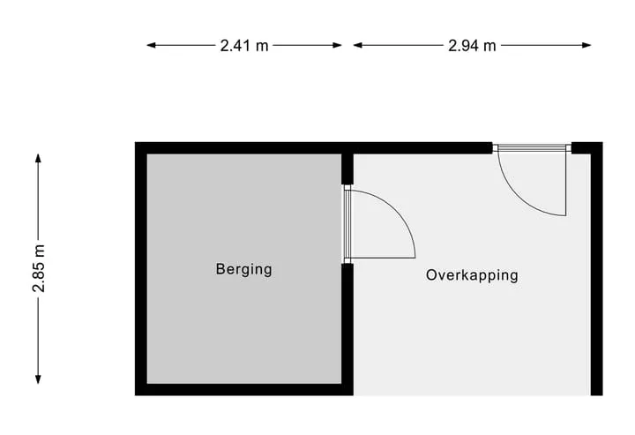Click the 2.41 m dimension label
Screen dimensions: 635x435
244,45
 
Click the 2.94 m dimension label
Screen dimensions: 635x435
472,45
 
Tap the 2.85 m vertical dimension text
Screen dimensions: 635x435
40,268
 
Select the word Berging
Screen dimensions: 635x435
243,270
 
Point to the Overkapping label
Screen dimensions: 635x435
472,276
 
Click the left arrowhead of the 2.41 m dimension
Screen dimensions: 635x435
151,45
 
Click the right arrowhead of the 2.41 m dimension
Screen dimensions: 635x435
337,45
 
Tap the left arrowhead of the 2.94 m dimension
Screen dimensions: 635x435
357,45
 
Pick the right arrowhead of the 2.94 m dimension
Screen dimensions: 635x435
586,45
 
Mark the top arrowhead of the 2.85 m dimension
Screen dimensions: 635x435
38,158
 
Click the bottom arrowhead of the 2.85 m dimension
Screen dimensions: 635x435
38,379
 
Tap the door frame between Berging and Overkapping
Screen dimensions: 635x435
347,224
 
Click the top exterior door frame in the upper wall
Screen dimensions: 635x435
532,148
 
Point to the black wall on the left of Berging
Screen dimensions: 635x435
141,268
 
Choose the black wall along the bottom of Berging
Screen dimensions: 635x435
243,390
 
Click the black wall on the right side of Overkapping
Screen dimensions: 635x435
596,268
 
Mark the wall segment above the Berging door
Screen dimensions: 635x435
347,169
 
